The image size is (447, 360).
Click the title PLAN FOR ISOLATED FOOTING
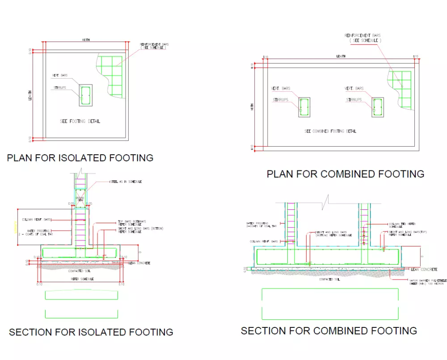80,158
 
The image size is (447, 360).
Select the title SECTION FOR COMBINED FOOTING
329,331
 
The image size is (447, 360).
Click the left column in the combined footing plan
304,107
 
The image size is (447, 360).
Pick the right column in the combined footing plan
378,107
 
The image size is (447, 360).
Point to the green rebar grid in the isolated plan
111,76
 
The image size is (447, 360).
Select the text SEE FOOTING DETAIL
80,122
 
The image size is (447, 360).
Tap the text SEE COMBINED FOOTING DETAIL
330,131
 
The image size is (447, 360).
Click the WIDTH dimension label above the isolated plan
85,40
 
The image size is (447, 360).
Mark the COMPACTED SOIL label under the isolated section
80,271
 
